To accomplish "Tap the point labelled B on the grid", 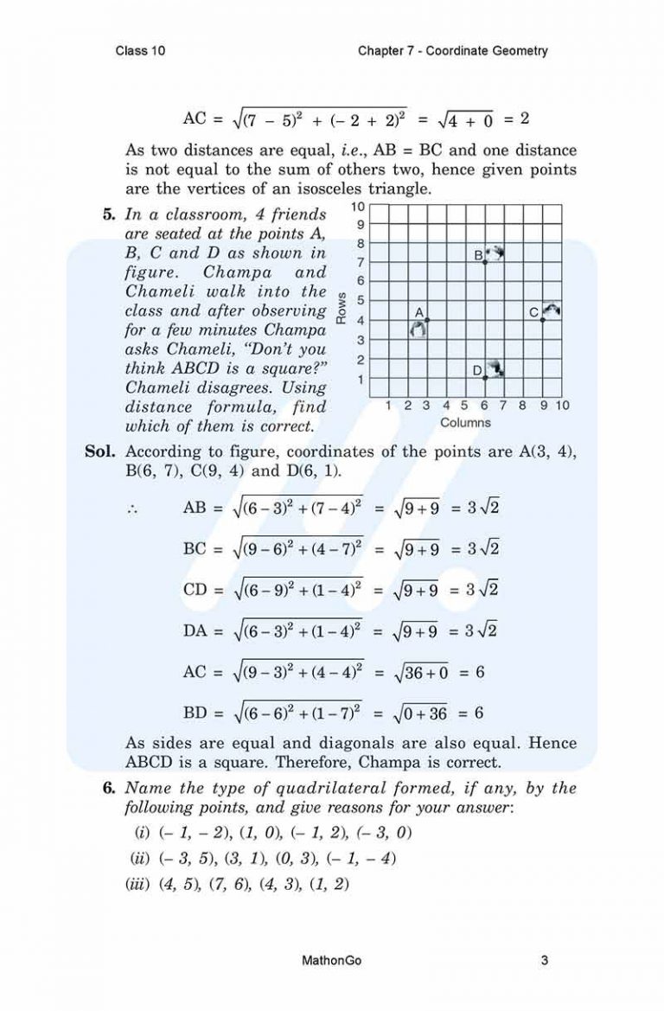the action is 485,261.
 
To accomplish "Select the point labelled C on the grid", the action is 543,320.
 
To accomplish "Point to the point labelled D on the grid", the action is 485,378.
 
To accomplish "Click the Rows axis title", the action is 342,307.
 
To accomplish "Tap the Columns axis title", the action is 465,423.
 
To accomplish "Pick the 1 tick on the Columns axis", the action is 389,405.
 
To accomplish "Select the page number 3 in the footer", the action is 544,960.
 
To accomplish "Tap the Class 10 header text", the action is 140,51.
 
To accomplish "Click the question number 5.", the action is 108,214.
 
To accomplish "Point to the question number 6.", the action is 108,788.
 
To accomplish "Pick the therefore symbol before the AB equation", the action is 134,509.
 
